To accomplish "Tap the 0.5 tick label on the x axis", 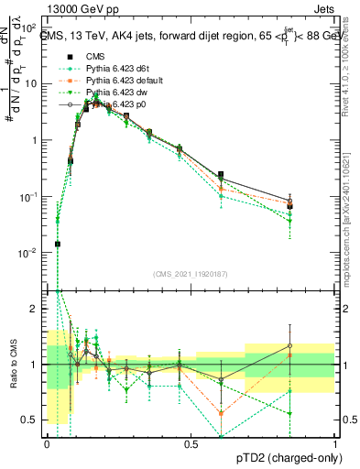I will point(191,442).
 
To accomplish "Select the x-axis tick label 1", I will point(336,442).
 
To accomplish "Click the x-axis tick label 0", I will point(47,442).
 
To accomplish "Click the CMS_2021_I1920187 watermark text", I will point(190,272).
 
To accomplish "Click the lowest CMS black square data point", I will point(57,244).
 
